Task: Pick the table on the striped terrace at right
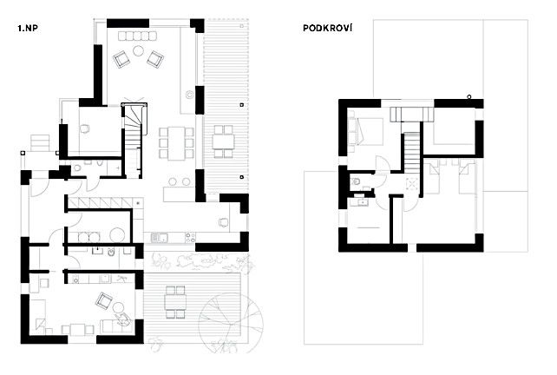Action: pos(224,139)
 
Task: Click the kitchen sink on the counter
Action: pos(158,237)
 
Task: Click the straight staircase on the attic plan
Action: pos(410,154)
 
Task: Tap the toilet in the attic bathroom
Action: pos(357,181)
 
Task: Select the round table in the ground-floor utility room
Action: pos(115,234)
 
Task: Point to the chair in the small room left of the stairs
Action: pos(87,128)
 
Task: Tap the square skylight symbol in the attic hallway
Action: pos(412,183)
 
